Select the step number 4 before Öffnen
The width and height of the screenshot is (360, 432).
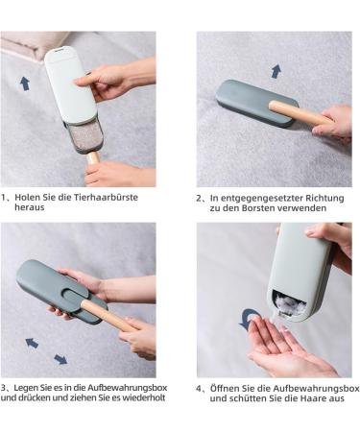(x=200, y=388)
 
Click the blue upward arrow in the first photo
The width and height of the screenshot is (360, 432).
(x=25, y=83)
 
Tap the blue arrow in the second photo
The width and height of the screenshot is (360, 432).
(x=276, y=71)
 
